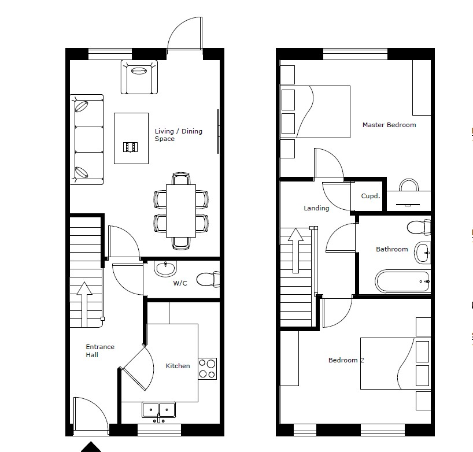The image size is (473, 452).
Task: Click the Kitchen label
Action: pos(178,366)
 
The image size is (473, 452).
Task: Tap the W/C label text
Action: pos(180,283)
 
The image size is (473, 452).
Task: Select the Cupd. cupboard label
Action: pos(370,196)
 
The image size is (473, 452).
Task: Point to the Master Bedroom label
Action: pos(389,125)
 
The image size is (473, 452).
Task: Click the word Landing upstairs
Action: pos(316,208)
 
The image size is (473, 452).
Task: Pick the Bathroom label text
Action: pos(392,249)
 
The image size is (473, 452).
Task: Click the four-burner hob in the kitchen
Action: pos(207,368)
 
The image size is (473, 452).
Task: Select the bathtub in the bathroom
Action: pos(402,281)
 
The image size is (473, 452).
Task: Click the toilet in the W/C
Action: pos(208,280)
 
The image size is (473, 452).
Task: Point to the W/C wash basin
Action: pos(165,269)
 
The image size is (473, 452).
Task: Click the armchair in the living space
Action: pos(139,77)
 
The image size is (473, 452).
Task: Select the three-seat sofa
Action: pos(87,139)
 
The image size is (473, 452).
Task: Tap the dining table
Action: pos(180,211)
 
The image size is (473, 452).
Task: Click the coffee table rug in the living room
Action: pos(131,138)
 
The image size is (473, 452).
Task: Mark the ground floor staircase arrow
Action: pos(84,305)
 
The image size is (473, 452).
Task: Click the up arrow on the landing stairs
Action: pos(295,251)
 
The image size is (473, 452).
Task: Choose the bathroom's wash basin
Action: pos(422,253)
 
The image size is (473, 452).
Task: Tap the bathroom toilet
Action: pos(419,227)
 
